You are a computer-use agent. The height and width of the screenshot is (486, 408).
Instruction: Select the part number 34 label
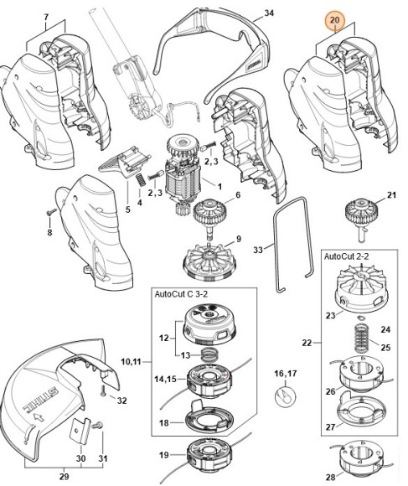tap(269, 13)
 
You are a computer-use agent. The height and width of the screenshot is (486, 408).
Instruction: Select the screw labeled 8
tap(49, 211)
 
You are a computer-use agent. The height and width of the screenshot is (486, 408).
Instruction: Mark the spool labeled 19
tap(206, 457)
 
